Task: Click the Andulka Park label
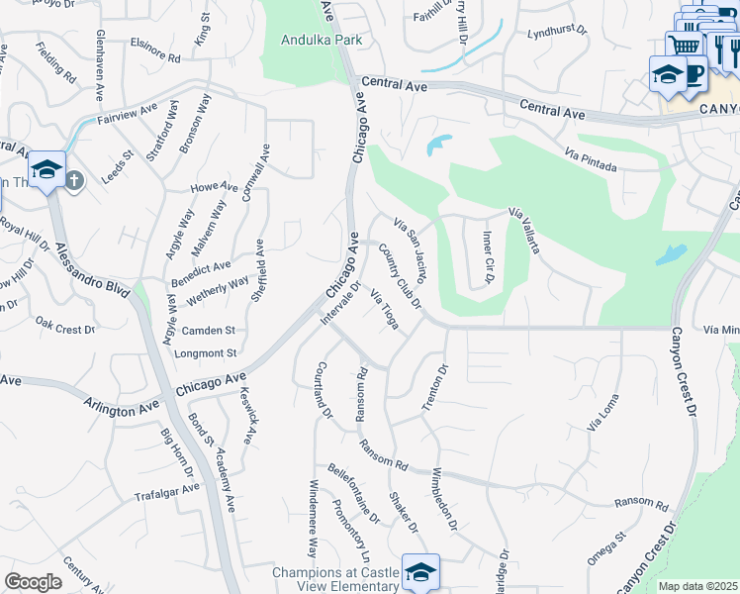[x=323, y=41]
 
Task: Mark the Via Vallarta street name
[x=524, y=231]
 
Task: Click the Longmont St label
[x=204, y=352]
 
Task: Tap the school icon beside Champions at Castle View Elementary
[x=420, y=571]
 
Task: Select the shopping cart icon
[x=684, y=46]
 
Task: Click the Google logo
[x=33, y=582]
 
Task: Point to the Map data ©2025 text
[x=697, y=586]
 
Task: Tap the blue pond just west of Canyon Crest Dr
[x=670, y=255]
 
